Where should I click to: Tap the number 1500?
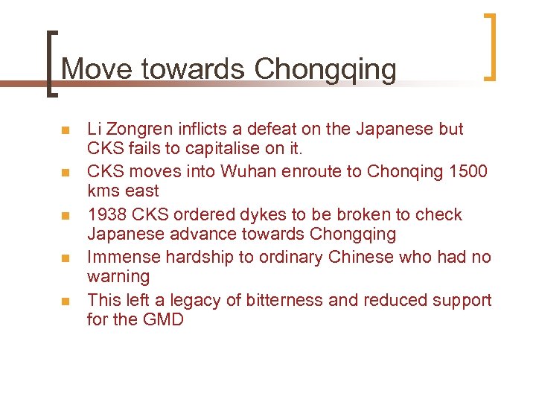[x=468, y=171]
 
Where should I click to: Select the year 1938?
[x=108, y=214]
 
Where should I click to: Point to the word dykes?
[x=264, y=214]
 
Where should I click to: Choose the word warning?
[x=118, y=276]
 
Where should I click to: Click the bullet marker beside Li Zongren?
[x=65, y=131]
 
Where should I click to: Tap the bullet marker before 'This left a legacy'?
[x=65, y=302]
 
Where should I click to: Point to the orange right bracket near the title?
[x=490, y=47]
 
